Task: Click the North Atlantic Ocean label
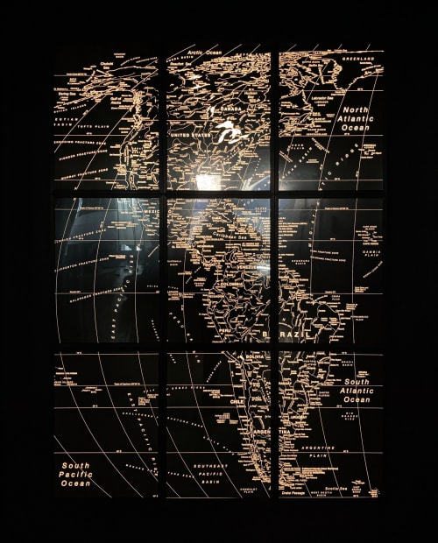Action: click(356, 119)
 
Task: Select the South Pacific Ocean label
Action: click(75, 474)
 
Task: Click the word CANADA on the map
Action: click(230, 109)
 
